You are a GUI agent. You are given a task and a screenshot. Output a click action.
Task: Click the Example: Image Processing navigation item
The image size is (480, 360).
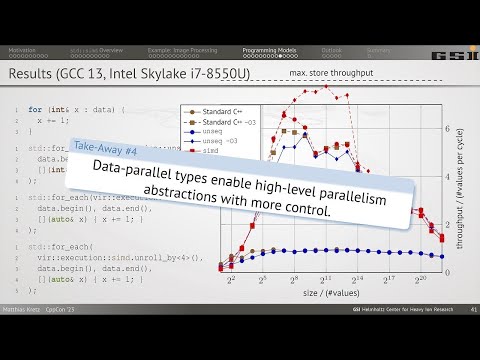tap(177, 49)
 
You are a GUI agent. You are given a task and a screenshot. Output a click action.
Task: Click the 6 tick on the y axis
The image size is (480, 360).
tap(450, 129)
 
